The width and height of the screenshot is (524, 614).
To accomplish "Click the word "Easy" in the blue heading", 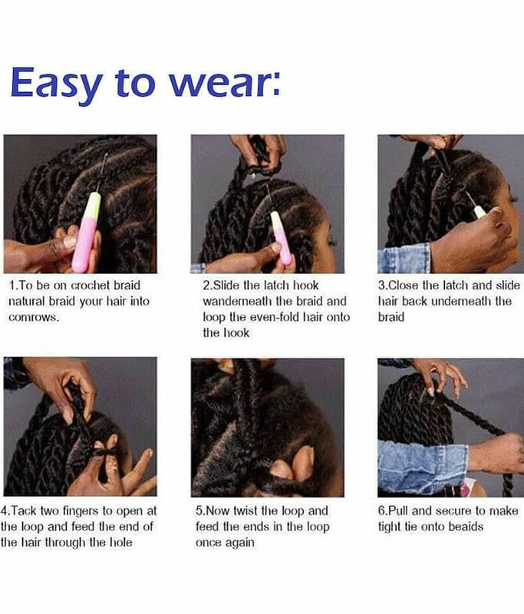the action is pyautogui.click(x=57, y=84).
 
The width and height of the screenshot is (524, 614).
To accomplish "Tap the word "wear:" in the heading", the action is pyautogui.click(x=225, y=83).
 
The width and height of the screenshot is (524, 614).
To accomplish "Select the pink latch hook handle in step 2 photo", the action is pyautogui.click(x=282, y=238).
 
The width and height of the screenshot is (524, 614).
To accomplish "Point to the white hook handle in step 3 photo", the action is pyautogui.click(x=480, y=212).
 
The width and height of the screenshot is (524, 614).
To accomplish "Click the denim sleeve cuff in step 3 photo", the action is pyautogui.click(x=404, y=258).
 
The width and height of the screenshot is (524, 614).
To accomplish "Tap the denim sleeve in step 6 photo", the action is pyautogui.click(x=422, y=467).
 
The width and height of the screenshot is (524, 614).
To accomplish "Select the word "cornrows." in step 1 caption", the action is pyautogui.click(x=34, y=317).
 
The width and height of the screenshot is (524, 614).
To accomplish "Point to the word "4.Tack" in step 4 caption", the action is pyautogui.click(x=18, y=511).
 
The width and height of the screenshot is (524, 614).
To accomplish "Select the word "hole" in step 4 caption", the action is pyautogui.click(x=120, y=543).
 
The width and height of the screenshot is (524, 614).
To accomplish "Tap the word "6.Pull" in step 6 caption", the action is pyautogui.click(x=394, y=511).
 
